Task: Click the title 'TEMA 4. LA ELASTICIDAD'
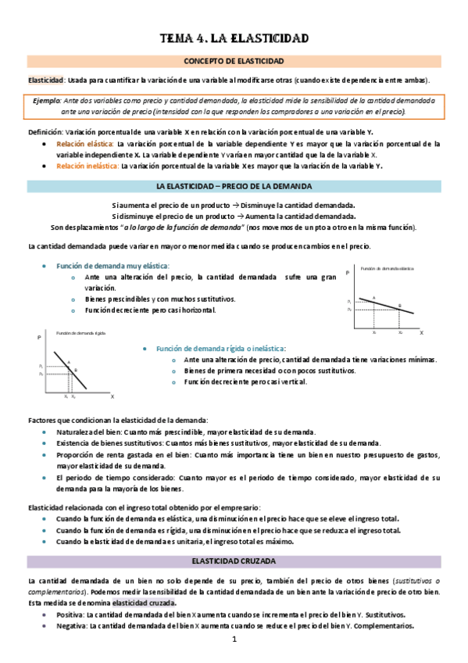click(x=234, y=38)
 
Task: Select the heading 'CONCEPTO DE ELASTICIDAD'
click(x=234, y=61)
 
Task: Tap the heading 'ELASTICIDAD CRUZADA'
click(x=234, y=561)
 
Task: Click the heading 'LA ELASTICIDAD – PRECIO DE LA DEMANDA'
click(x=234, y=186)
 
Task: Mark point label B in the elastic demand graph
click(x=398, y=306)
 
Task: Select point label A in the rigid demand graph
click(x=69, y=361)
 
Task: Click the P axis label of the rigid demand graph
click(x=39, y=338)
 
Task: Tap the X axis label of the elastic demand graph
click(x=421, y=333)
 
